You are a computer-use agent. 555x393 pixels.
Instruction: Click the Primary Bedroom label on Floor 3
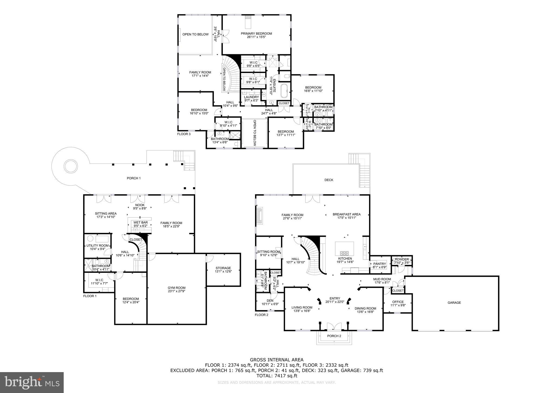(x=256, y=34)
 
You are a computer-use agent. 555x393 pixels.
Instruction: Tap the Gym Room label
(x=176, y=288)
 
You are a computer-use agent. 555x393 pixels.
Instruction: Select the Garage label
(x=454, y=303)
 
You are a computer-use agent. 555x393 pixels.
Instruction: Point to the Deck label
(x=329, y=180)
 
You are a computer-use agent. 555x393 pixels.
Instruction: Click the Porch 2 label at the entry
(x=334, y=336)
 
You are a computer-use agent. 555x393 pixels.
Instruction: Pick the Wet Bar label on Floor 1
(x=140, y=223)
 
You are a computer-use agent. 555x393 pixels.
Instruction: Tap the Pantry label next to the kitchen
(x=379, y=264)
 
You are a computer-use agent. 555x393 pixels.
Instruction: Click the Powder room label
(x=402, y=260)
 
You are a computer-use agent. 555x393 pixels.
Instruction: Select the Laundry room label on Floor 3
(x=251, y=97)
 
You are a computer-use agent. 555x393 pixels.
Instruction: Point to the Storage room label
(x=223, y=268)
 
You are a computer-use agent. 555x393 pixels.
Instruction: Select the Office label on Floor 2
(x=398, y=302)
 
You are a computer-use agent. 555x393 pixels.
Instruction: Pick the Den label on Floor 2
(x=270, y=301)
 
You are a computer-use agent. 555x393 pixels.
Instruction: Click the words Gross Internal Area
(x=276, y=360)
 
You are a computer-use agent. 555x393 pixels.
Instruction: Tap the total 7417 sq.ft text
(x=277, y=376)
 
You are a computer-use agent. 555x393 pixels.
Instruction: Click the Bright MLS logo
(x=32, y=382)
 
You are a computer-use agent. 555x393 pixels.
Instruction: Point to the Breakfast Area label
(x=347, y=214)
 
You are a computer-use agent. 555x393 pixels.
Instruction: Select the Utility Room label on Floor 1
(x=97, y=246)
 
